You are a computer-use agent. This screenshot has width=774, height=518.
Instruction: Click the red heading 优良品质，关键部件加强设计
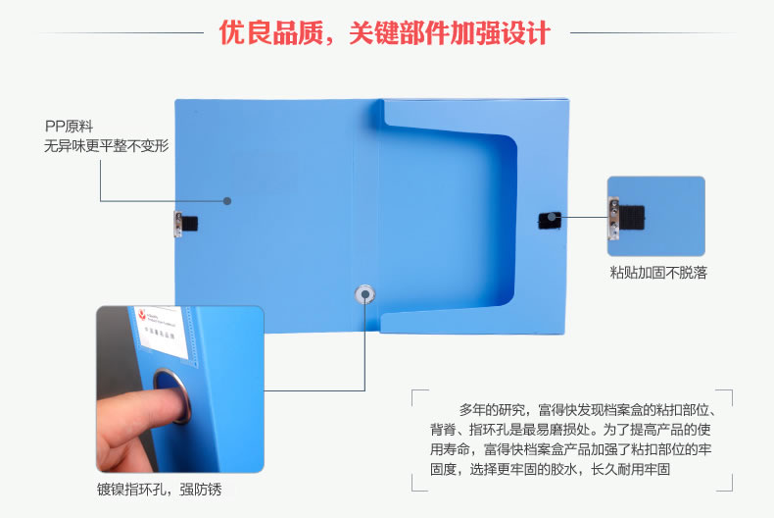pos(384,33)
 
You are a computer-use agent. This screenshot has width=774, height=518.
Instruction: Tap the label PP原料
pos(70,127)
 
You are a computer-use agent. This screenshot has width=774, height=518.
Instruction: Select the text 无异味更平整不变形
pos(107,146)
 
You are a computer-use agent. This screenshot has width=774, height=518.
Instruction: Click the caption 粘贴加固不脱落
pos(658,273)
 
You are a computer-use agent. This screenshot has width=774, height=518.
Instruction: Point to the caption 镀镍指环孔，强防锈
pos(160,490)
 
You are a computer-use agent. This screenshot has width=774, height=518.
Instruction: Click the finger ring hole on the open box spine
pos(364,294)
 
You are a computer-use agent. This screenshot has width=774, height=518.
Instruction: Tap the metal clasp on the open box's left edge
pos(177,224)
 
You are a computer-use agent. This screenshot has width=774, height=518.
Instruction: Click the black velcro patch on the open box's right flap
pos(550,221)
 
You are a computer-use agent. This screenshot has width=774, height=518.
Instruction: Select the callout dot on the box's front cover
pos(227,201)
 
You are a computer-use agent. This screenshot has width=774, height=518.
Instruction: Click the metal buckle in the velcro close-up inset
pos(613,218)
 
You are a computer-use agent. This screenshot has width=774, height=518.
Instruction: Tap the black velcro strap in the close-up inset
pos(631,218)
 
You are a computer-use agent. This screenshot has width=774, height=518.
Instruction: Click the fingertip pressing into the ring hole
pos(172,403)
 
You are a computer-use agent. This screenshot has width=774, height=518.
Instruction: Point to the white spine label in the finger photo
pos(161,333)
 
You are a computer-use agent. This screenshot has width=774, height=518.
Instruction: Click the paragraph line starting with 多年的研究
pos(588,410)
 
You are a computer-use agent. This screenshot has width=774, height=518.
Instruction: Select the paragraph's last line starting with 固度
pos(550,469)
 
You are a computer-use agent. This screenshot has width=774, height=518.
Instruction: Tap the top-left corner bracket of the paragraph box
pos(415,394)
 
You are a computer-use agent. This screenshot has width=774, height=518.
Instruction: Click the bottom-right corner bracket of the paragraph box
pos(728,487)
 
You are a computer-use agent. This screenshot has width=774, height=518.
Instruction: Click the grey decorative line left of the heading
pos(121,33)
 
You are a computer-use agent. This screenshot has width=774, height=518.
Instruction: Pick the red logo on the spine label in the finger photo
pos(142,314)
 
